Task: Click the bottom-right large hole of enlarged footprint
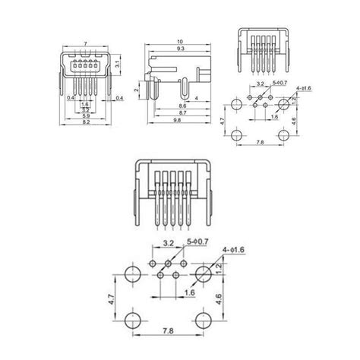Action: point(203,317)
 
